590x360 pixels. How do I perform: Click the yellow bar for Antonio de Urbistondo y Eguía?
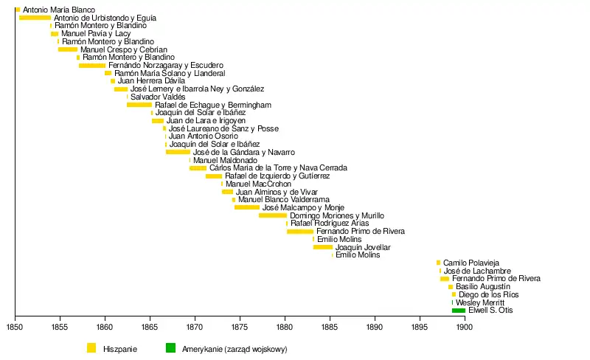click(x=35, y=18)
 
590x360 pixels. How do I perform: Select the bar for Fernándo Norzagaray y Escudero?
click(x=92, y=66)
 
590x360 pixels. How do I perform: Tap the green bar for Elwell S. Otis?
click(x=459, y=311)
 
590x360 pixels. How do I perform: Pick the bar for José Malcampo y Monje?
click(x=247, y=207)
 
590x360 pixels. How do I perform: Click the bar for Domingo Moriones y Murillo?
click(x=273, y=215)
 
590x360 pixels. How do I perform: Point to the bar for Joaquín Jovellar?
click(x=323, y=247)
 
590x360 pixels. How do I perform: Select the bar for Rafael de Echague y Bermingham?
click(x=139, y=105)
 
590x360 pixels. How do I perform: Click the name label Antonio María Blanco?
click(x=59, y=10)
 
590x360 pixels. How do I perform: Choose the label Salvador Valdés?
click(x=158, y=97)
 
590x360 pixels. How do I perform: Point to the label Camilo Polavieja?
click(x=471, y=263)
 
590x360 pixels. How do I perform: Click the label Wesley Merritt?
click(x=480, y=302)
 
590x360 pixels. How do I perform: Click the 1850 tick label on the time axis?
click(x=15, y=325)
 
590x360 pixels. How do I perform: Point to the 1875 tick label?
click(x=240, y=325)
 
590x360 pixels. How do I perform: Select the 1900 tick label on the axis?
click(x=464, y=325)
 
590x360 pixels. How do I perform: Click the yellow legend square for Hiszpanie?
click(x=91, y=347)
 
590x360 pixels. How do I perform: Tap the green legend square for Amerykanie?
click(x=171, y=347)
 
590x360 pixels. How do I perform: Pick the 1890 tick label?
click(x=374, y=325)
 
